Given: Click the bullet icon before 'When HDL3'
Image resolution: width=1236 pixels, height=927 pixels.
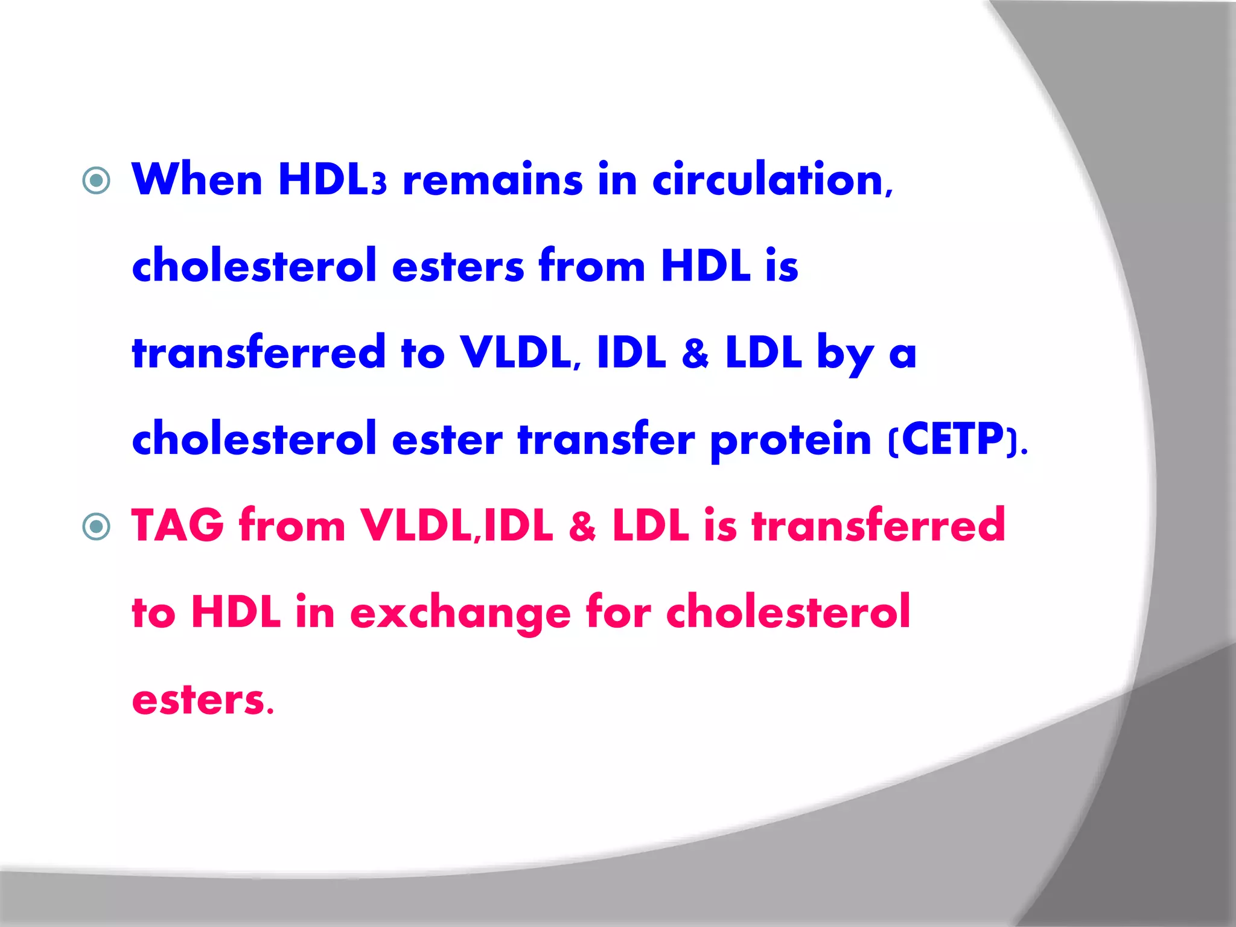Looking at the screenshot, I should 97,180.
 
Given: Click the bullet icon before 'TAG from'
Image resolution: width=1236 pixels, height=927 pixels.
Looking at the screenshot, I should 97,526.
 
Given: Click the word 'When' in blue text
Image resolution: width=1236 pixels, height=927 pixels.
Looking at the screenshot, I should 197,179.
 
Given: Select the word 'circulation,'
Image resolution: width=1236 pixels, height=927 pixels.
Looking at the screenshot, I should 772,179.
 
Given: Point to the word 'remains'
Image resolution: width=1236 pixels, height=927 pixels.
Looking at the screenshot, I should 492,180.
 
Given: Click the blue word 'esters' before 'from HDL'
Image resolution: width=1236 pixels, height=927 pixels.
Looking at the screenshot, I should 458,266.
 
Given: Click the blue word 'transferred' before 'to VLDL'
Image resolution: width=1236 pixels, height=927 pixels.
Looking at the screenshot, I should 258,352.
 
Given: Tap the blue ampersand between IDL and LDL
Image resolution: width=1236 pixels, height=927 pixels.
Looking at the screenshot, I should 695,353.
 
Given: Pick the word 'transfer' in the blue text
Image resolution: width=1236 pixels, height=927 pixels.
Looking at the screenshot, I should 606,439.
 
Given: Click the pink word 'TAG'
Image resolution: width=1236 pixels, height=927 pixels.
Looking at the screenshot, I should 178,525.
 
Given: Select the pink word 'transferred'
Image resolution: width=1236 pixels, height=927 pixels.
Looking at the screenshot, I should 878,525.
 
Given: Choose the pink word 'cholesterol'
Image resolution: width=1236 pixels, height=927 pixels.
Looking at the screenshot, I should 788,611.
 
